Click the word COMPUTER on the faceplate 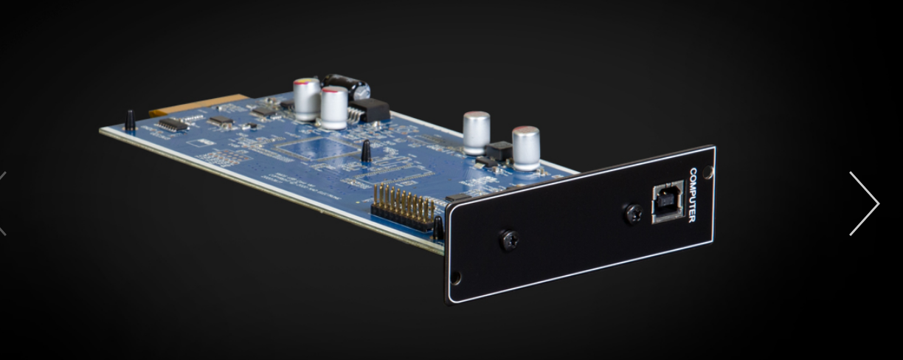693,195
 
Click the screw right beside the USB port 633,214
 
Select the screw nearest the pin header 508,240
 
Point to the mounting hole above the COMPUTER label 707,173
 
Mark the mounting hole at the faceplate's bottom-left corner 455,277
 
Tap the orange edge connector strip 195,105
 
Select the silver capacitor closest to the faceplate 526,148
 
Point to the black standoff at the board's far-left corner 130,121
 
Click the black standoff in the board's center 365,152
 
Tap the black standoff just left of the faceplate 438,228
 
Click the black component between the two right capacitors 499,150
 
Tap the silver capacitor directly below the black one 334,108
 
